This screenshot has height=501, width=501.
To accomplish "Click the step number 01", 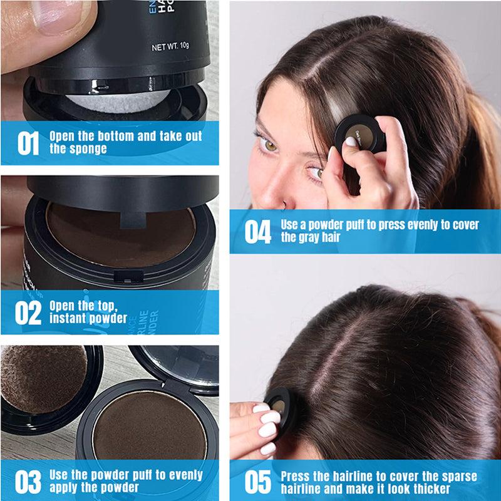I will point(28,142).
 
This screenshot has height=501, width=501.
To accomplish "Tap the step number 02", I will point(28,312).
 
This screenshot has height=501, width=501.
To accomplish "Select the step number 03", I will point(28,482).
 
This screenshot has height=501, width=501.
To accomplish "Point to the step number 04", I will point(257,231).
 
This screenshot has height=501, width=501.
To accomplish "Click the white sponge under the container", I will point(116,100).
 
